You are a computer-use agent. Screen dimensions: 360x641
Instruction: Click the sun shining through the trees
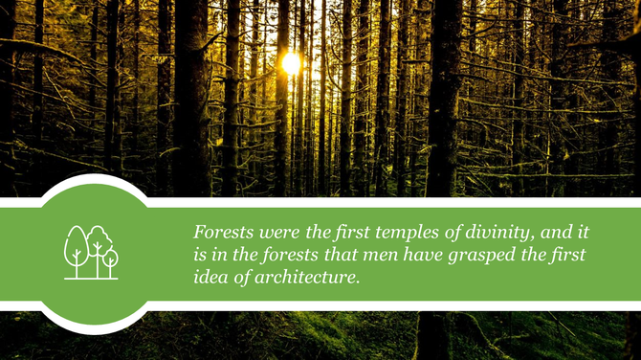click(291, 64)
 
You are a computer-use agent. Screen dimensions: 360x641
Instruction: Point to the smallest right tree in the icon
click(111, 258)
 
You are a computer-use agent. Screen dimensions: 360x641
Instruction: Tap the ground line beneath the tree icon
click(91, 279)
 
